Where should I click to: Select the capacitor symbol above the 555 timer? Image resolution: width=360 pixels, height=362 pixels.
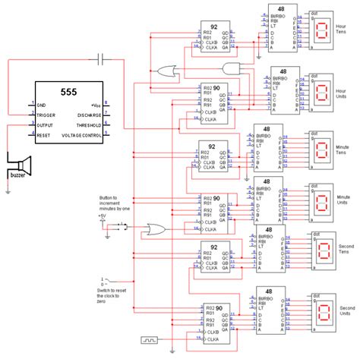tap(103, 58)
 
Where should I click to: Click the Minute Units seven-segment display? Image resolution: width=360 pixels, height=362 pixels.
tap(320, 203)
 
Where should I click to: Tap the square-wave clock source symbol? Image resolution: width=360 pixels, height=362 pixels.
tap(152, 340)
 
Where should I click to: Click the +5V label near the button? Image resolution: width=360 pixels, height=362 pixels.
tap(104, 216)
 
